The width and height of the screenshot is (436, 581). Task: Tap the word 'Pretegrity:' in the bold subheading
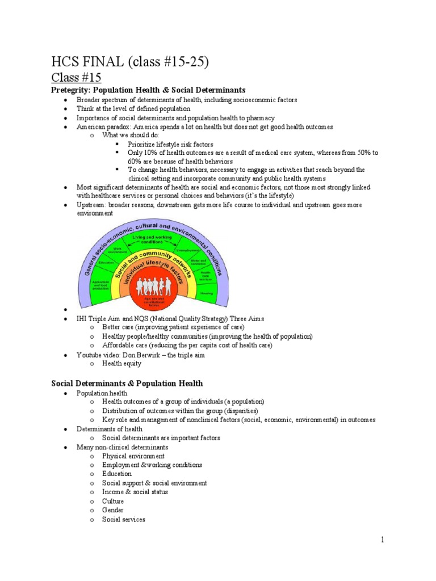71,90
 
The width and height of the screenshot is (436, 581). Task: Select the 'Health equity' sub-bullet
121,364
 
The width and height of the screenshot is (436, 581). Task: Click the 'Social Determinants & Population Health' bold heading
127,384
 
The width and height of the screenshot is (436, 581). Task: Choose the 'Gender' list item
113,511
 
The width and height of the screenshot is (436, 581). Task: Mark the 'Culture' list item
113,502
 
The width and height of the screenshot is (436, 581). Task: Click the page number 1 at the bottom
383,540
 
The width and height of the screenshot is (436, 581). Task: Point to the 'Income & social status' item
135,492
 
